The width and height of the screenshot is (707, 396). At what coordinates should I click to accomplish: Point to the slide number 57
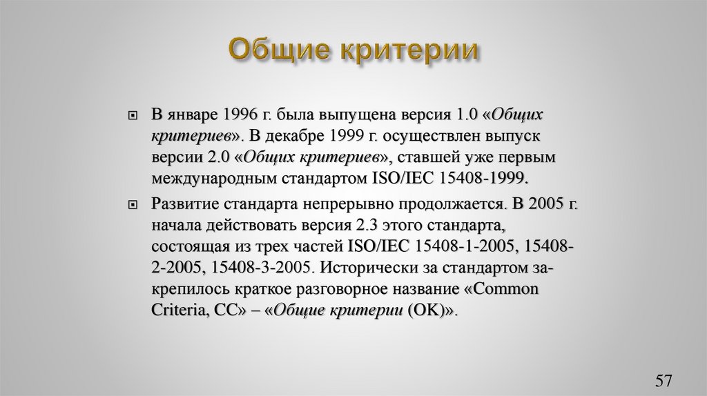click(664, 381)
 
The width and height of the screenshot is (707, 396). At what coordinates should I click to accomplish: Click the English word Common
click(507, 288)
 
